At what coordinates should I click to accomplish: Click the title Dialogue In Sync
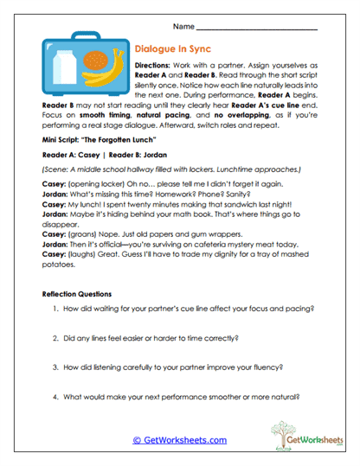pos(173,50)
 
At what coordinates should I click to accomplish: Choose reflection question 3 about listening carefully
pos(175,367)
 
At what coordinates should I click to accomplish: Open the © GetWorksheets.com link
pos(179,440)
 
